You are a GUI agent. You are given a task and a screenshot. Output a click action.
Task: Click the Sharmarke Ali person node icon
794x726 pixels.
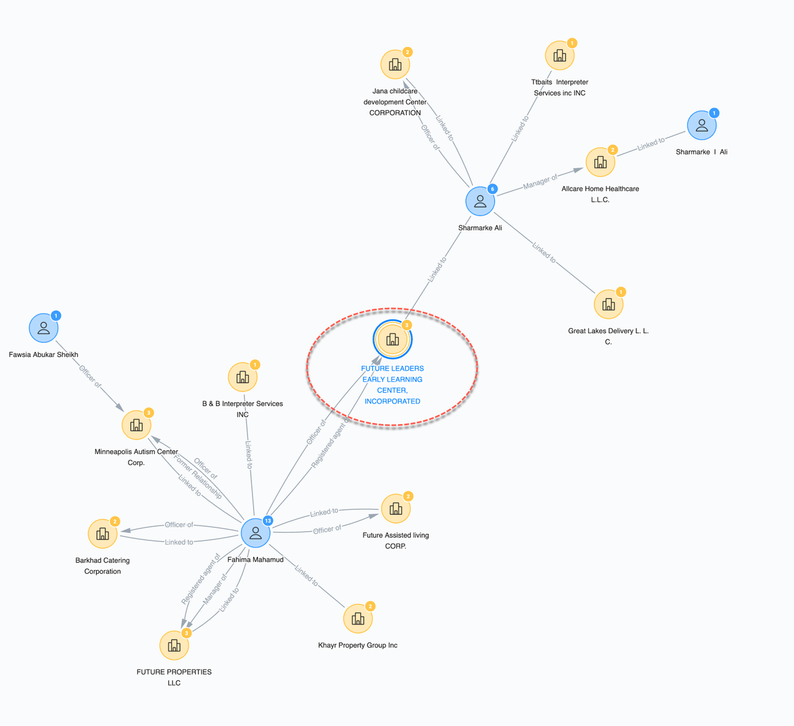point(480,201)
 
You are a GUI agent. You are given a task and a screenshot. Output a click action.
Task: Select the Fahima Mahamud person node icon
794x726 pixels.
point(255,533)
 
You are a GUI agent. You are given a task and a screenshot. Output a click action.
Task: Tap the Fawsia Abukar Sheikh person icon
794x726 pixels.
point(43,328)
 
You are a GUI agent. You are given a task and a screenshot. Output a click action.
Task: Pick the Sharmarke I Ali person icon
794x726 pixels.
point(702,125)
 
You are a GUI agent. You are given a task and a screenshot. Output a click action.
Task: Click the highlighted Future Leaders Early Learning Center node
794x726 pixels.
point(393,340)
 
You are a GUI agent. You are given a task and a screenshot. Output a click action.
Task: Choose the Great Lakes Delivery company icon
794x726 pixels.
point(609,304)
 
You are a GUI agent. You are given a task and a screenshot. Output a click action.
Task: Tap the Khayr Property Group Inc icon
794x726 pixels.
point(358,619)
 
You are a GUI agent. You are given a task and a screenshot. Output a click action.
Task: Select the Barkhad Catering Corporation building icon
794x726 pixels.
point(102,533)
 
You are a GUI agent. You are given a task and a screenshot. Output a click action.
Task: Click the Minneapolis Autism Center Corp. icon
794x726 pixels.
point(136,425)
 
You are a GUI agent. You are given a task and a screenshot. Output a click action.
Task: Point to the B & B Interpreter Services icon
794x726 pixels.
point(243,377)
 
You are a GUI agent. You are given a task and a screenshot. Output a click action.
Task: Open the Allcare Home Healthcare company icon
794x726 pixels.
point(600,162)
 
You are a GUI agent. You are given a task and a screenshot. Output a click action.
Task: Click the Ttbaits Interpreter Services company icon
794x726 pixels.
point(560,55)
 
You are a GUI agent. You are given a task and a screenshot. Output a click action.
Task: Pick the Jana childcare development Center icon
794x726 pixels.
point(395,64)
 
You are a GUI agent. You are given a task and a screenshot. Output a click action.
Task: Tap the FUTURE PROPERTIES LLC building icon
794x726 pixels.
point(174,645)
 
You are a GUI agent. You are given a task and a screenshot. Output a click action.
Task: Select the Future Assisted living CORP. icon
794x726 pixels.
point(396,509)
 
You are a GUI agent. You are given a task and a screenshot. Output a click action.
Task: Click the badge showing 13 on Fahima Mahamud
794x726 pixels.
point(268,520)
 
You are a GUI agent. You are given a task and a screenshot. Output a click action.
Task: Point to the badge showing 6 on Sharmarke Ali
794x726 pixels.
point(493,189)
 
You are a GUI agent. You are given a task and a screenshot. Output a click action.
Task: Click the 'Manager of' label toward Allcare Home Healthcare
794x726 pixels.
point(540,181)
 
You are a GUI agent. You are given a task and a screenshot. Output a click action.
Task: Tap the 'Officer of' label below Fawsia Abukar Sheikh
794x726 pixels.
point(90,376)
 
